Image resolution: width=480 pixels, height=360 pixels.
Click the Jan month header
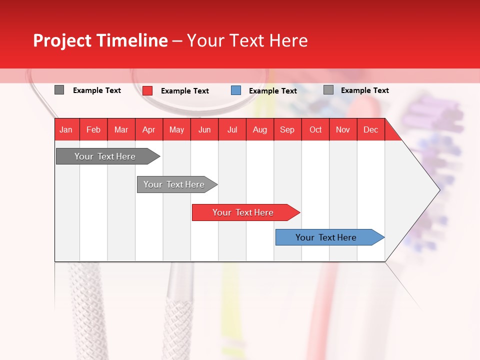[66, 130]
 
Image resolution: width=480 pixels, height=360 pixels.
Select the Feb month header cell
[93, 130]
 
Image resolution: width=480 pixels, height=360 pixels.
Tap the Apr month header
[148, 130]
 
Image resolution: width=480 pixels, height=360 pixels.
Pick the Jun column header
[204, 130]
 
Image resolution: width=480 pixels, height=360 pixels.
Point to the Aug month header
[259, 130]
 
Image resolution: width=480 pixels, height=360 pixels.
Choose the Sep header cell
[287, 130]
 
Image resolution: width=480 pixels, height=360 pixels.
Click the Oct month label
[315, 130]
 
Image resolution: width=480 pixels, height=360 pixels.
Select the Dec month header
[370, 130]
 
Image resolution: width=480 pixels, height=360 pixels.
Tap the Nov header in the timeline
[343, 130]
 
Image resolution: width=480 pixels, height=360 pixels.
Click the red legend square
[147, 90]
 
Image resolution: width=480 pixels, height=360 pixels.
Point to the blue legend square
[236, 90]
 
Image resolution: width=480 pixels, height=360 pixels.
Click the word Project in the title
[62, 40]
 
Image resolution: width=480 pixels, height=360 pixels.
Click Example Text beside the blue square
[273, 91]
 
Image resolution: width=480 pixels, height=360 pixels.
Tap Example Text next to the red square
[185, 91]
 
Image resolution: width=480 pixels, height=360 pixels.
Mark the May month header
[176, 130]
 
